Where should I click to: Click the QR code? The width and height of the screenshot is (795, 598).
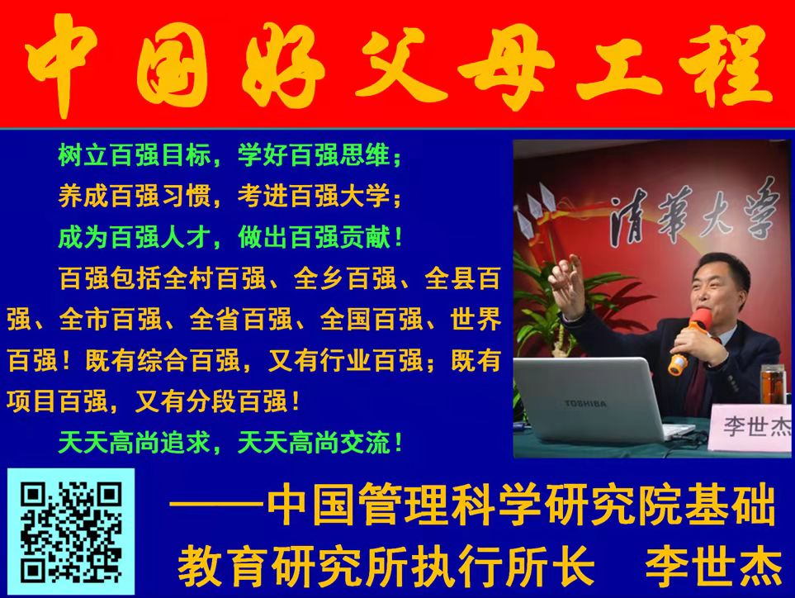(71, 532)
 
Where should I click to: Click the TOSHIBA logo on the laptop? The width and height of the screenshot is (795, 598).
(585, 404)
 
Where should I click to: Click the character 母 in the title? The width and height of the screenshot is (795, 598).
(505, 66)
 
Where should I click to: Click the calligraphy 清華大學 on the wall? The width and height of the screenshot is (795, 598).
(693, 213)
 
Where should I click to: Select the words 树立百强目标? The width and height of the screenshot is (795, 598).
(135, 155)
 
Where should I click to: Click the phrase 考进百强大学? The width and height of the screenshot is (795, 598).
(315, 197)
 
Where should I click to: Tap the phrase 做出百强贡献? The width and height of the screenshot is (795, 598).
(315, 237)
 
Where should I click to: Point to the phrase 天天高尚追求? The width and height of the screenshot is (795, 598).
(135, 442)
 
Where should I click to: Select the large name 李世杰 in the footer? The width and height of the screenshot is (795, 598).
(714, 566)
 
